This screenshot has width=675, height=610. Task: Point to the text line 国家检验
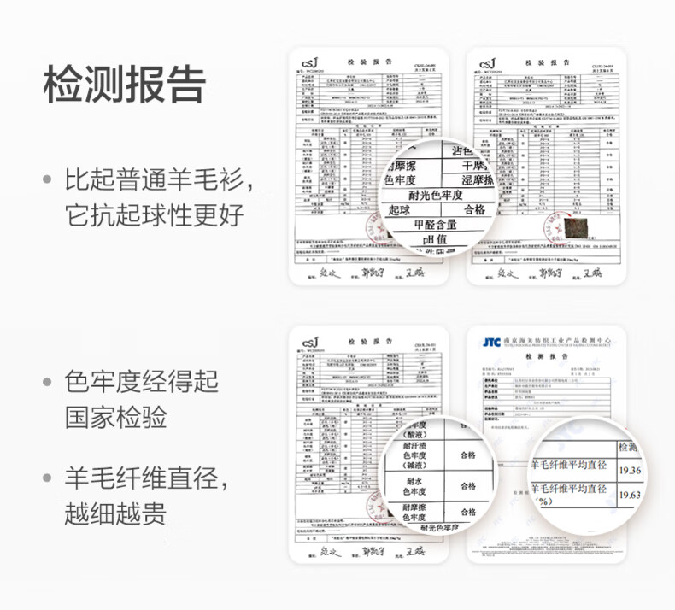coord(116,418)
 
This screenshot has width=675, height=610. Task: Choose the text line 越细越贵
coord(116,513)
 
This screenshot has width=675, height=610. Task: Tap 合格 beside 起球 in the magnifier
coord(474,209)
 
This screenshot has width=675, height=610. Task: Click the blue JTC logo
coord(490,343)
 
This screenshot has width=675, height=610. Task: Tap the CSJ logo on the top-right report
coord(487,63)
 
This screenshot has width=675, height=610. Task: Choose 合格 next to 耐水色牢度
coord(467,485)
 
